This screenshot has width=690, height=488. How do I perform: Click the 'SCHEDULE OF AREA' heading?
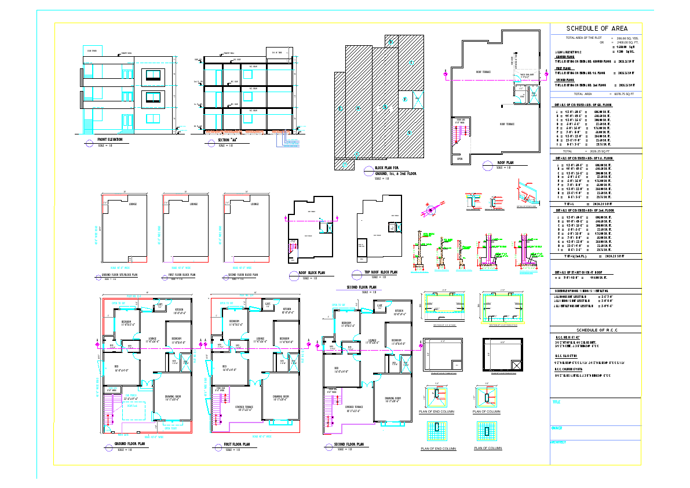[596, 28]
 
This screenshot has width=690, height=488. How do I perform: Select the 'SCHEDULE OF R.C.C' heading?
[596, 329]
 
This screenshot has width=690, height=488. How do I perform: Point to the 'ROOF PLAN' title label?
[505, 163]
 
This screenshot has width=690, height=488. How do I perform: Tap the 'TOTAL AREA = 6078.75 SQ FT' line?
[596, 93]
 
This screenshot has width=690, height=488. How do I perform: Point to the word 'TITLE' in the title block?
[556, 402]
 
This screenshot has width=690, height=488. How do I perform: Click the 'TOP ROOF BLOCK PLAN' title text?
[381, 272]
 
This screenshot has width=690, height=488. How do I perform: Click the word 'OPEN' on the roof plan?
[459, 158]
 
